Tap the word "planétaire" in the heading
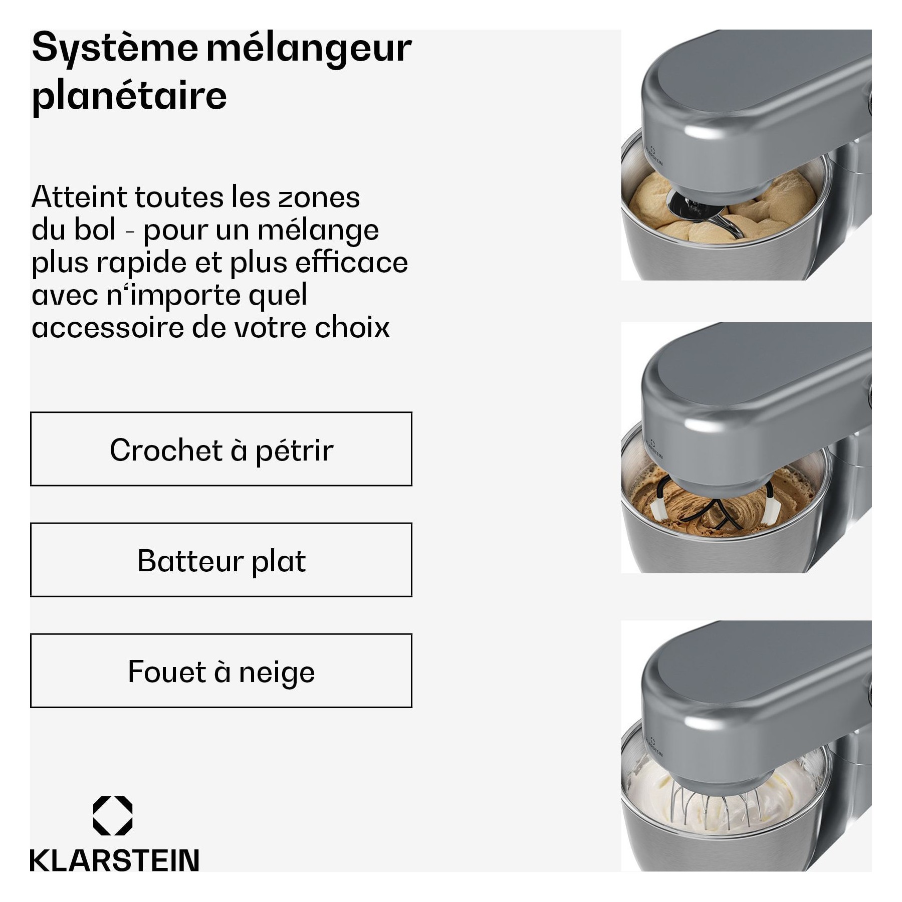[x=129, y=96]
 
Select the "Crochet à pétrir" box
[x=221, y=448]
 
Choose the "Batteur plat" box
[x=221, y=560]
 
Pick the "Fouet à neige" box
[x=221, y=670]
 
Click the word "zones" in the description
[x=319, y=197]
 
